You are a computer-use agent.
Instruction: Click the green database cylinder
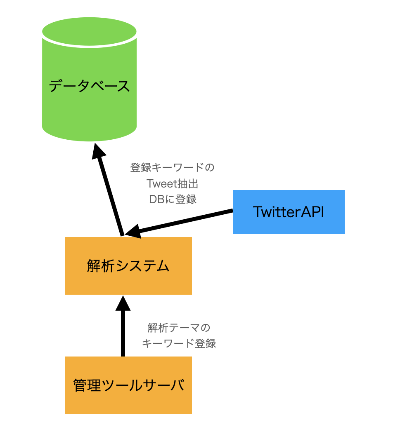pyautogui.click(x=89, y=79)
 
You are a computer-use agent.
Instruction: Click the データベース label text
pyautogui.click(x=89, y=86)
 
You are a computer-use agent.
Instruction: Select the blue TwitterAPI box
pyautogui.click(x=289, y=212)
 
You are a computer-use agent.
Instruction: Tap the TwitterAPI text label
pyautogui.click(x=289, y=212)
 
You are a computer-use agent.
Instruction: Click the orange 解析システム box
pyautogui.click(x=128, y=266)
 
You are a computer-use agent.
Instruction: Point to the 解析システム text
pyautogui.click(x=128, y=266)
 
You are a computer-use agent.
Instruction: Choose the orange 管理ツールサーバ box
pyautogui.click(x=128, y=385)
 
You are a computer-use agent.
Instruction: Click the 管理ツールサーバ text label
pyautogui.click(x=129, y=385)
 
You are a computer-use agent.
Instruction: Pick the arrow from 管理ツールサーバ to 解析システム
pyautogui.click(x=123, y=326)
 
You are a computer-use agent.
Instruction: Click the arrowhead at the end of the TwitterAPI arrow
pyautogui.click(x=133, y=232)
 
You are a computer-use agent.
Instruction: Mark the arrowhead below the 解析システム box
pyautogui.click(x=123, y=303)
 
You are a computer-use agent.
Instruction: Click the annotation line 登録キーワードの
pyautogui.click(x=172, y=167)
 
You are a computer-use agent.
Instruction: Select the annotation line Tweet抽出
pyautogui.click(x=173, y=183)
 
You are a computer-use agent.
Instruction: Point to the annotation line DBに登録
pyautogui.click(x=173, y=199)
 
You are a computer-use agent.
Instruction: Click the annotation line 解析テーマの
pyautogui.click(x=179, y=328)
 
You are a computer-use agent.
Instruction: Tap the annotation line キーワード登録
pyautogui.click(x=179, y=343)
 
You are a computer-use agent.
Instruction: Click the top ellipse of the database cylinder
pyautogui.click(x=89, y=31)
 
